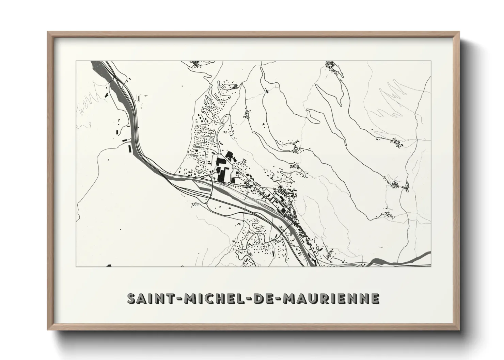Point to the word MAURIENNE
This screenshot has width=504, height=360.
click(x=330, y=298)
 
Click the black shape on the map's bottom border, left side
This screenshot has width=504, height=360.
click(x=109, y=265)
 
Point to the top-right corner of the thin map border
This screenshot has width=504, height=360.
click(x=431, y=61)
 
